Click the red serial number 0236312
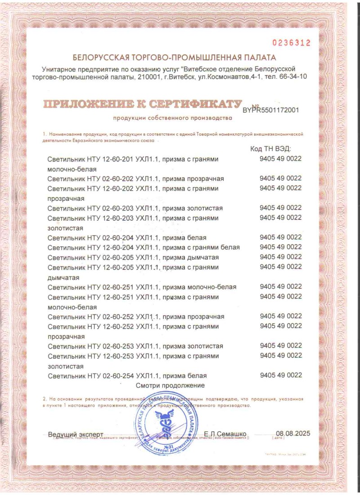click(x=291, y=43)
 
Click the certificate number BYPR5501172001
click(x=270, y=109)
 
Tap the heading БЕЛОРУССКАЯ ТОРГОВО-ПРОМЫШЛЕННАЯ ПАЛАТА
click(x=175, y=58)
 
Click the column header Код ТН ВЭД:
click(x=270, y=149)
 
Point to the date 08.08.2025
click(x=293, y=433)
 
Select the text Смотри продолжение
click(x=171, y=385)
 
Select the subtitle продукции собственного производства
click(x=172, y=118)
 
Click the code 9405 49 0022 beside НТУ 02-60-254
click(x=280, y=375)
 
